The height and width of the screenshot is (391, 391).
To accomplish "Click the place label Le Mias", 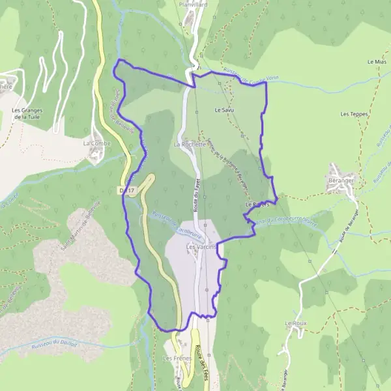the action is pos(377,62).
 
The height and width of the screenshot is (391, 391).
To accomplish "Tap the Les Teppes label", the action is pos(354,114).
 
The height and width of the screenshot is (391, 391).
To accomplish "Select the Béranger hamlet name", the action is pos(341,180).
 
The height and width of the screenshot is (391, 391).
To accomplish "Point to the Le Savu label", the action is pos(224,111).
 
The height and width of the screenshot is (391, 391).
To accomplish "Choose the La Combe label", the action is pos(96,143).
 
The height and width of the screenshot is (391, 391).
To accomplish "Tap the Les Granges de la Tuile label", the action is pos(27,114).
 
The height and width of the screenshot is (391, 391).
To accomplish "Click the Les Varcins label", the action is pos(200,247).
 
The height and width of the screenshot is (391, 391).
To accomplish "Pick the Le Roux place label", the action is pos(295,323).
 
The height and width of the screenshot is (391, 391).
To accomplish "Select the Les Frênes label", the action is pos(176,358).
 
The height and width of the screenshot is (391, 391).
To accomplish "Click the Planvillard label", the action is pos(193,3).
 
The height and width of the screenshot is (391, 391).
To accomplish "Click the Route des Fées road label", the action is pos(203,358).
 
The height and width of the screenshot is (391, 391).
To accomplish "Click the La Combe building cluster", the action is pos(96,154).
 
